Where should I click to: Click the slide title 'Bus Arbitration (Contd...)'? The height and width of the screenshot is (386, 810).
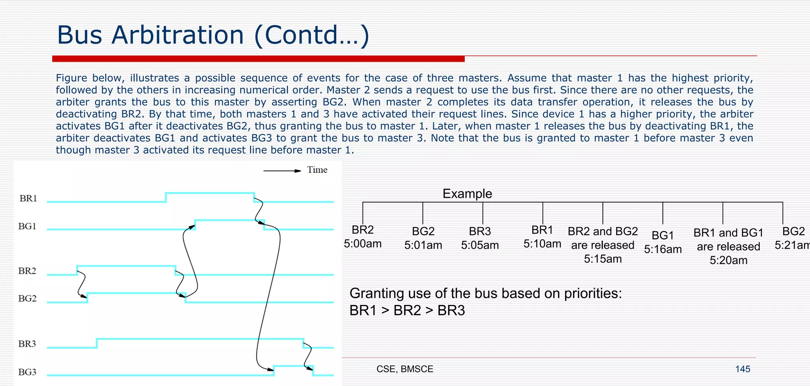click(213, 35)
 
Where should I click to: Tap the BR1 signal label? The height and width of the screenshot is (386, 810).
click(28, 198)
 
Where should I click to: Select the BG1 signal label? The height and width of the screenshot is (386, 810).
click(27, 226)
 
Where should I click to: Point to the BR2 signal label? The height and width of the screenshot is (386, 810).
click(27, 271)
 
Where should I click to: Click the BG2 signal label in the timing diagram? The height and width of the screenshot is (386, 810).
click(27, 298)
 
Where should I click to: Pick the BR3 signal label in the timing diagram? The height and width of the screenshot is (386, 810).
click(27, 344)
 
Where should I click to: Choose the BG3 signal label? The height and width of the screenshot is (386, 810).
click(27, 372)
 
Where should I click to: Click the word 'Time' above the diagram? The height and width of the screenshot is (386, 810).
click(317, 170)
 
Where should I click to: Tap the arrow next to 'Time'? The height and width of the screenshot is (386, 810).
click(282, 171)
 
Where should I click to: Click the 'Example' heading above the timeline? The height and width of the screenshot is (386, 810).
click(467, 193)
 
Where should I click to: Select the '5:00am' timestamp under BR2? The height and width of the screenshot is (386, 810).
click(363, 244)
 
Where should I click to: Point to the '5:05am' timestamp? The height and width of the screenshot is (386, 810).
click(480, 245)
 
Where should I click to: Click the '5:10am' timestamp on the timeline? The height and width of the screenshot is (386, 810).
click(542, 244)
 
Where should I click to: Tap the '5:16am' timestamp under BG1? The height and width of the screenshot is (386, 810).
click(663, 249)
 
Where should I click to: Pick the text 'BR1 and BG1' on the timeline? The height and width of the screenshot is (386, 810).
click(728, 233)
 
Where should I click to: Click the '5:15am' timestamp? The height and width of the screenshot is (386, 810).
click(603, 259)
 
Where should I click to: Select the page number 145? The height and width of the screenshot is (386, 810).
click(742, 369)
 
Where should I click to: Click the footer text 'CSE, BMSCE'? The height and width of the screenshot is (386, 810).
click(405, 369)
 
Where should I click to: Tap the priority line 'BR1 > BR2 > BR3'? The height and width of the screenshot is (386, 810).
click(407, 310)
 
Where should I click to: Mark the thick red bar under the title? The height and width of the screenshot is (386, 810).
click(258, 59)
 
